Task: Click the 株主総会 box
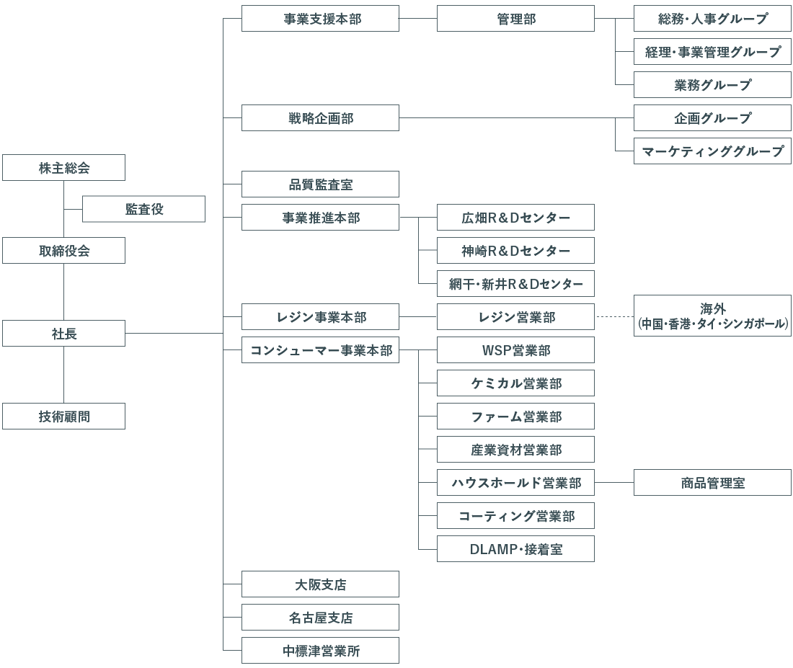click(63, 167)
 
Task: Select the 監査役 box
click(143, 209)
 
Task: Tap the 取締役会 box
click(63, 250)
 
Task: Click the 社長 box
click(63, 333)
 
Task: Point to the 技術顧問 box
click(63, 417)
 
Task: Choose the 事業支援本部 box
click(320, 19)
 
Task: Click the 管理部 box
click(515, 19)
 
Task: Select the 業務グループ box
click(712, 84)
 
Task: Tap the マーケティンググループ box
click(712, 151)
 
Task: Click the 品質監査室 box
click(320, 184)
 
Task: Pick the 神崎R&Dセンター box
click(515, 250)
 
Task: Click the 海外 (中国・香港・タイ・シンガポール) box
click(712, 316)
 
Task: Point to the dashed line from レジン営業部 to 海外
click(614, 316)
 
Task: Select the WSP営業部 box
click(515, 349)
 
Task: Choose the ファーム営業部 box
click(515, 417)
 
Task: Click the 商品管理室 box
click(712, 482)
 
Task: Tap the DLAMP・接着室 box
click(515, 548)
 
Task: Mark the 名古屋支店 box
click(320, 617)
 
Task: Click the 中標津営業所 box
click(320, 650)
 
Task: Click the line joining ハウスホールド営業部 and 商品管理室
click(614, 482)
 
